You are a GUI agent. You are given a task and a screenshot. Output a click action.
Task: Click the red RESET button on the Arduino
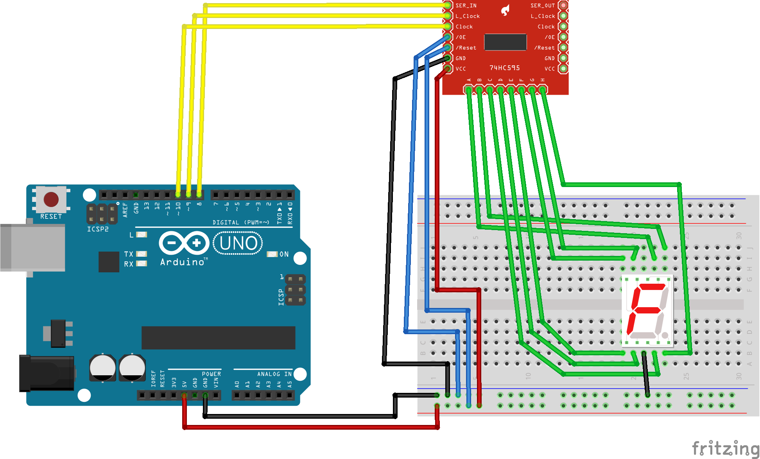point(51,199)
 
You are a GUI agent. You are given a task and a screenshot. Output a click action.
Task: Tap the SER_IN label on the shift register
point(466,5)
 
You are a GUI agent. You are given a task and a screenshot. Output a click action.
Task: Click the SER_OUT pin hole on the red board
point(563,5)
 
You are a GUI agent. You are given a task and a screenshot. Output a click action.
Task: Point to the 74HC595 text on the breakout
point(504,68)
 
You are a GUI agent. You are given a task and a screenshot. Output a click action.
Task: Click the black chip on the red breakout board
point(505,42)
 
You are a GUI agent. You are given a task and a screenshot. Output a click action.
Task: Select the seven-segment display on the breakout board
point(647,311)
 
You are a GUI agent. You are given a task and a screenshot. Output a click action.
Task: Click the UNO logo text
point(238,243)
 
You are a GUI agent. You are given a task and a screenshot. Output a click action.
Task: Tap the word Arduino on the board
point(183,262)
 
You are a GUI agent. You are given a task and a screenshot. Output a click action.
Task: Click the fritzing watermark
point(725,448)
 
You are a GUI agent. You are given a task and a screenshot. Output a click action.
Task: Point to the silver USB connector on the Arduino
point(33,248)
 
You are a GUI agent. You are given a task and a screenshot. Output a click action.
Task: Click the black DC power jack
point(47,373)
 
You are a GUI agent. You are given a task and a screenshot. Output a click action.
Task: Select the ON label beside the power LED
point(284,254)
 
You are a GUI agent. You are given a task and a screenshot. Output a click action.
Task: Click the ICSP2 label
point(98,229)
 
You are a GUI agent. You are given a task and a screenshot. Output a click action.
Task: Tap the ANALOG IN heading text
point(274,374)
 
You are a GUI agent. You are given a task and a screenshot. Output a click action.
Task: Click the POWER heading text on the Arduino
point(211,374)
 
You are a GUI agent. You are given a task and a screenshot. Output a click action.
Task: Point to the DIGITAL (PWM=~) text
point(241,222)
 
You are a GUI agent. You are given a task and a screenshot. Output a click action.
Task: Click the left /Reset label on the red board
point(466,48)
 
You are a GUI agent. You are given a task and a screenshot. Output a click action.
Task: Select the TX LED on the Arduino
point(141,254)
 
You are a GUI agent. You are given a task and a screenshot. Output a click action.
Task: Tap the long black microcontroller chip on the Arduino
point(218,337)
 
